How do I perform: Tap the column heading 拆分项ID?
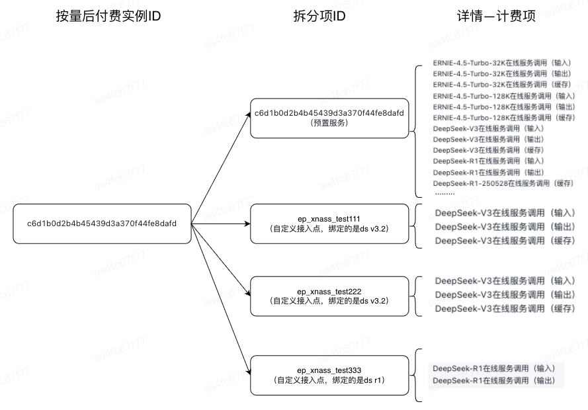point(319,17)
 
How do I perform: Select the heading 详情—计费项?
point(495,17)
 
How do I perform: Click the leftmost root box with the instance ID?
point(102,224)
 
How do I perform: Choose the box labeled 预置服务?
point(329,118)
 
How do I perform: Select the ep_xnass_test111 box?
point(329,224)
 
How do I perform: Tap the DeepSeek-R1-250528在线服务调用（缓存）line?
point(503,183)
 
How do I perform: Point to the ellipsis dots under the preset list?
point(444,193)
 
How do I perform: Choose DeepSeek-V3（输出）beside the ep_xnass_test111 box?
point(505,227)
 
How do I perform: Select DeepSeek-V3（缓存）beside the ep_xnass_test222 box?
point(505,309)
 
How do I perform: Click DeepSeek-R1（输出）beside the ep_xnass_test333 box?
point(493,381)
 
